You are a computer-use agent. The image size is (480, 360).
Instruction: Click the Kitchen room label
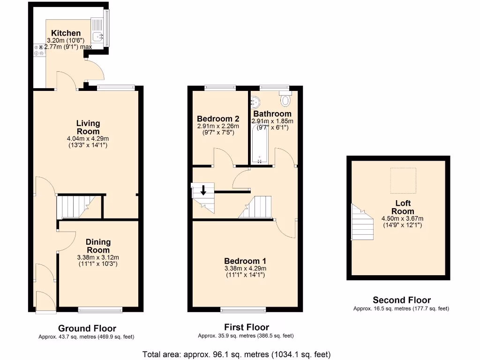66,33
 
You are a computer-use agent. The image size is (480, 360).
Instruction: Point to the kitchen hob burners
38,50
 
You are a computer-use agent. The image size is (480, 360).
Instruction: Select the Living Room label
88,127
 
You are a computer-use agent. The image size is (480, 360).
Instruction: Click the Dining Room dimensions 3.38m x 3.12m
98,257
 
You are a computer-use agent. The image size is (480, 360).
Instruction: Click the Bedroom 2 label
218,119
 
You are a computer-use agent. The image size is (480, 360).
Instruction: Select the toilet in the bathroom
285,99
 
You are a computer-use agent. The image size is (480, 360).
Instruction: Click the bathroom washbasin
255,101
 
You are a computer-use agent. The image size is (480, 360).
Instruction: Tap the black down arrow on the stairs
203,190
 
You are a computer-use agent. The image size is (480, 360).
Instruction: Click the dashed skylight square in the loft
403,181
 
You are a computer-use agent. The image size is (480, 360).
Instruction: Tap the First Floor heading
246,327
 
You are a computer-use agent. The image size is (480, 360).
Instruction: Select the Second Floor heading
401,300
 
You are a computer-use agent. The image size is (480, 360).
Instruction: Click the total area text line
237,354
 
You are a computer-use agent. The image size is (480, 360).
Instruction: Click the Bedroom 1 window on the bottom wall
243,309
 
